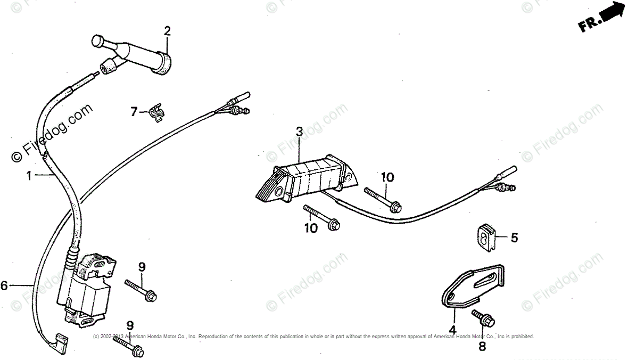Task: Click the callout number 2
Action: coord(167,31)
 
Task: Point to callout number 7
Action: coord(134,111)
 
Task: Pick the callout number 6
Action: coord(4,286)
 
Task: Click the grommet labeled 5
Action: coord(485,237)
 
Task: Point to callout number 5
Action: coord(514,238)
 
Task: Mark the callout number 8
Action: coord(482,347)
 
